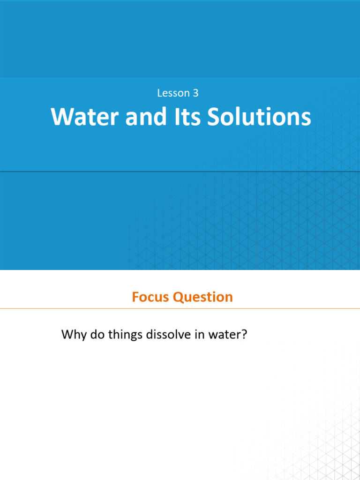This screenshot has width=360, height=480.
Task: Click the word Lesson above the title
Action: pyautogui.click(x=172, y=93)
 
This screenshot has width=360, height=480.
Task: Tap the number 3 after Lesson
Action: pyautogui.click(x=195, y=93)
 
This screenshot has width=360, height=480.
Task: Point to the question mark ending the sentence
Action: pyautogui.click(x=244, y=336)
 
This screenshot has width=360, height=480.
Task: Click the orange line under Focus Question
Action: pyautogui.click(x=180, y=308)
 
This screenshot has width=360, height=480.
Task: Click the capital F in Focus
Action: pyautogui.click(x=135, y=297)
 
